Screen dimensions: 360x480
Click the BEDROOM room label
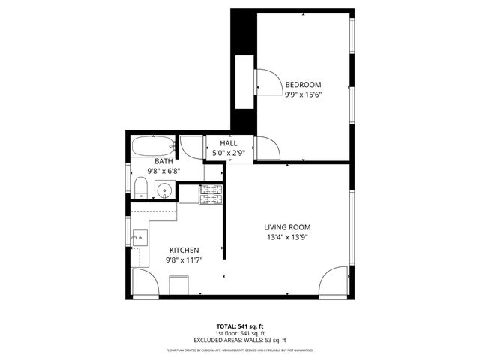click(x=303, y=85)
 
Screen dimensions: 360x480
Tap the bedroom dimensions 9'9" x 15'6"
click(x=303, y=94)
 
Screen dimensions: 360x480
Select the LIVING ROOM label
click(x=287, y=227)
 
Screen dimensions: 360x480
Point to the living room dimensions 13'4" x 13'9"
click(x=287, y=237)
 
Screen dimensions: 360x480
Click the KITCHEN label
click(x=184, y=250)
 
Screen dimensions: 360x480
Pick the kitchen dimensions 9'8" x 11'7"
click(x=184, y=259)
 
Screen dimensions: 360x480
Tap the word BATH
click(x=163, y=161)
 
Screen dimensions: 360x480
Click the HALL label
click(x=229, y=143)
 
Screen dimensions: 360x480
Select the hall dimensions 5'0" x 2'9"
click(x=229, y=153)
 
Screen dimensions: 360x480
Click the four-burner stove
click(x=211, y=194)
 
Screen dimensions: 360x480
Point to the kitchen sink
click(x=137, y=239)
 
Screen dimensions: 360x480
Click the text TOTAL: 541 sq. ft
click(x=240, y=326)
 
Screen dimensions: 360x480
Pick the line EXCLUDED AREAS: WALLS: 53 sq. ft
click(x=240, y=340)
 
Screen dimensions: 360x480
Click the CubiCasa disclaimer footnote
click(x=240, y=350)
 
